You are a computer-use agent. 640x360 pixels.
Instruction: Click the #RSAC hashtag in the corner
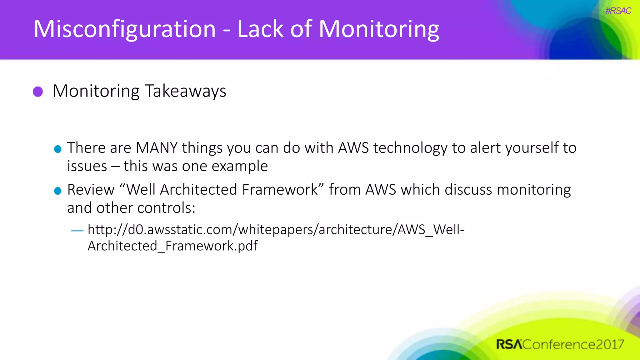618,11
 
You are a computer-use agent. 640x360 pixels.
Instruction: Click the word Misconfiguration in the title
124,29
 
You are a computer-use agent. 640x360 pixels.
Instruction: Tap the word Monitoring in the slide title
379,29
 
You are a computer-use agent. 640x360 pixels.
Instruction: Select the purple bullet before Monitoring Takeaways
38,92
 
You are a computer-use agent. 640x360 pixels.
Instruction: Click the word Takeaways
186,91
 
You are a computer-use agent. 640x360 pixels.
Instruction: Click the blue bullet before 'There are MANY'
58,149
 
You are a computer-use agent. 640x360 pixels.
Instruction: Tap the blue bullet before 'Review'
58,191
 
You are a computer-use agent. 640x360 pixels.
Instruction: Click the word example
240,166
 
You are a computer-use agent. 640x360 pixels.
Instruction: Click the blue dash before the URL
77,231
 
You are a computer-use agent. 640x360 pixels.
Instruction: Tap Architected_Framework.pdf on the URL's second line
172,246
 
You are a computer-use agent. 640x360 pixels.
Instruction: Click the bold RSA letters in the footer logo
509,344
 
